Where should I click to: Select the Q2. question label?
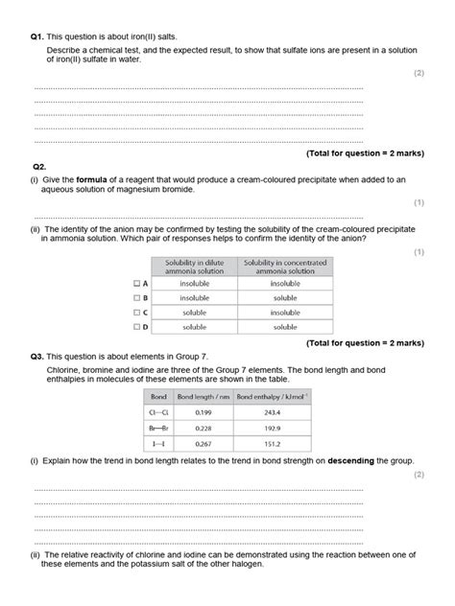click(x=39, y=165)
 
